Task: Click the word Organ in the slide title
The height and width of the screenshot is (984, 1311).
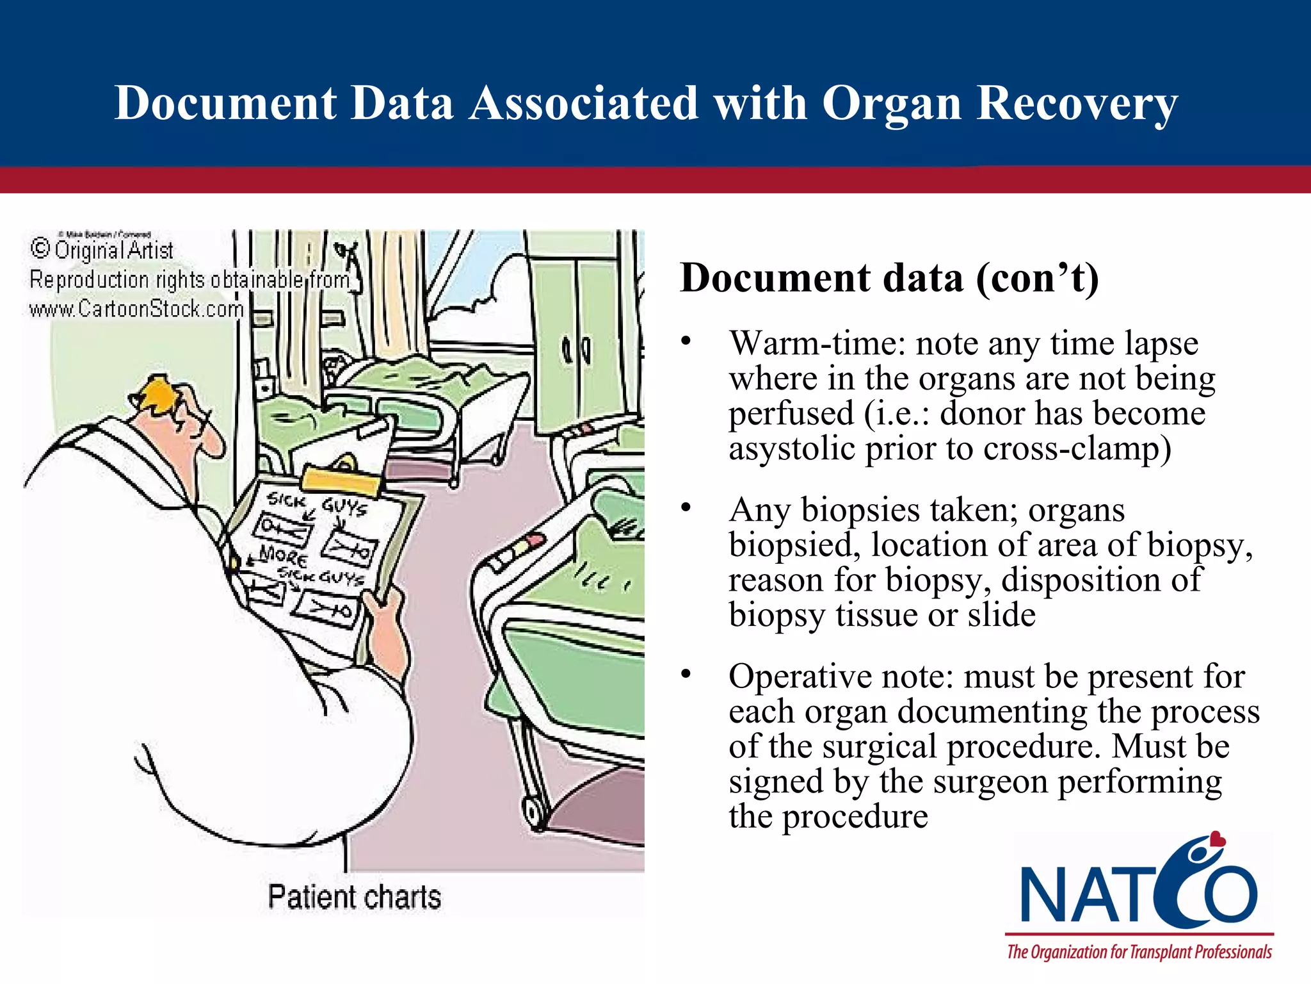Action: click(x=891, y=104)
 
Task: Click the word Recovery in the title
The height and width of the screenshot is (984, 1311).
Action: click(x=1077, y=104)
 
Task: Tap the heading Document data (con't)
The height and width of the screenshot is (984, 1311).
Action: click(x=889, y=278)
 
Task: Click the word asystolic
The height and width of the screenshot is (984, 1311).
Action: click(x=792, y=448)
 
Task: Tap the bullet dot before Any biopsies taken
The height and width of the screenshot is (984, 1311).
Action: click(x=686, y=508)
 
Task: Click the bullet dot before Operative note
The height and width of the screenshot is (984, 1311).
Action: click(x=686, y=674)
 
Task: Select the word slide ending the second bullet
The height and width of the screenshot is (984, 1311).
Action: click(x=1001, y=615)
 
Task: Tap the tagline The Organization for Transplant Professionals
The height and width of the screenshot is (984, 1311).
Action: click(x=1139, y=952)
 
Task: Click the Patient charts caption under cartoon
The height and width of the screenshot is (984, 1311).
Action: click(x=354, y=897)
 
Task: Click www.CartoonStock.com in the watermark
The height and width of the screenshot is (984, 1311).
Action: click(x=136, y=309)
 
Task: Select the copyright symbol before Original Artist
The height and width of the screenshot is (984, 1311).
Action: click(x=40, y=249)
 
